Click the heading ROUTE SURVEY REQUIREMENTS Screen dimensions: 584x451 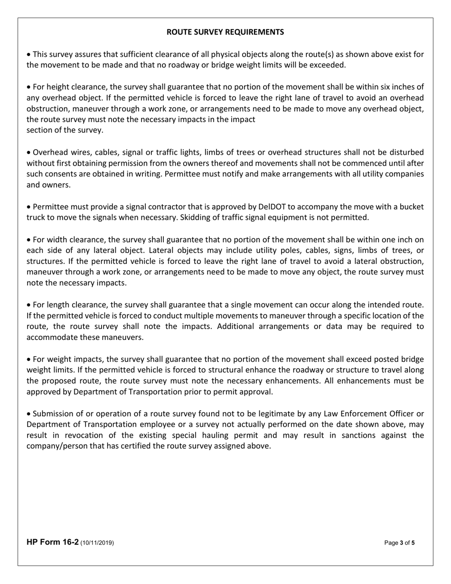point(225,32)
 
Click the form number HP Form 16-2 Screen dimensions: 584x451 point(52,542)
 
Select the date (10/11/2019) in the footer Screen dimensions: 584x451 point(97,542)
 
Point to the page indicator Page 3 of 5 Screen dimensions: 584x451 point(399,542)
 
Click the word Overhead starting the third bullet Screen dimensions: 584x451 point(48,152)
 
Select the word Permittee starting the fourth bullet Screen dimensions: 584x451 point(51,207)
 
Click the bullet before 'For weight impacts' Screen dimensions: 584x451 point(29,359)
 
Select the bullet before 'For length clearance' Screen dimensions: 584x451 point(29,304)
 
